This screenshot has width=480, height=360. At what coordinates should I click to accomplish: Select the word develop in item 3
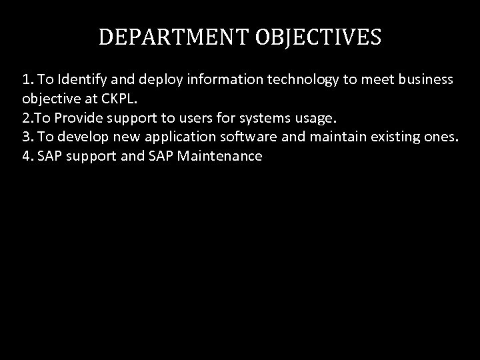click(82, 137)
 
